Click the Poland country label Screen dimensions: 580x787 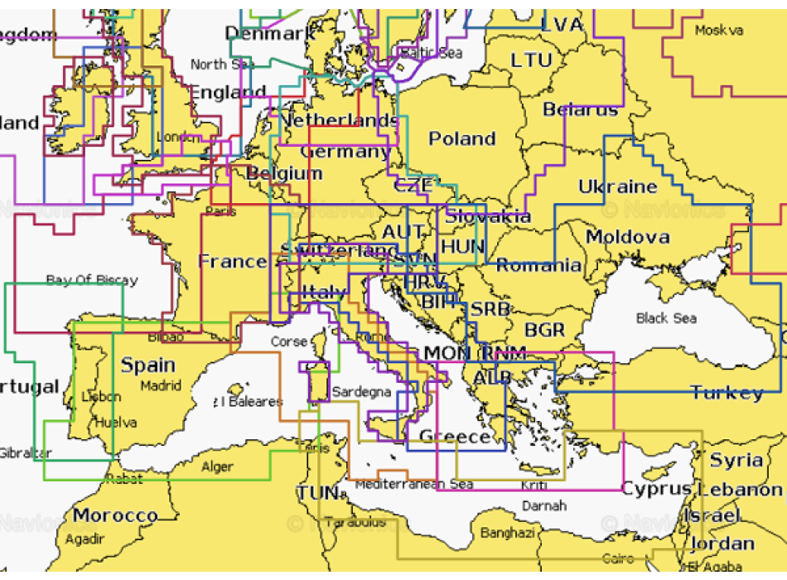coord(461,139)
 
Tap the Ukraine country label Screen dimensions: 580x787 coord(617,186)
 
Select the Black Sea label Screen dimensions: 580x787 coord(666,318)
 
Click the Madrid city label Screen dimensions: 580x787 coord(161,385)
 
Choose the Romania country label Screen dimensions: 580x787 coord(538,266)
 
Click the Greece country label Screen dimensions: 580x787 coord(455,437)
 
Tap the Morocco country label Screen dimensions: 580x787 coord(115,515)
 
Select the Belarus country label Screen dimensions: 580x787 coord(580,110)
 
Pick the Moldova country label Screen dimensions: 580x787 coord(627,238)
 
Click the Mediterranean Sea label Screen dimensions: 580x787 coord(413,484)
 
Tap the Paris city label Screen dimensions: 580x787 coord(220,211)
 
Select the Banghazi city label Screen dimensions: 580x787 coord(507,533)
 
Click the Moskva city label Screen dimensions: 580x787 coord(719,31)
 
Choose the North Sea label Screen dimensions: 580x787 coord(220,65)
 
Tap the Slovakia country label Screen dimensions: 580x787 coord(488,217)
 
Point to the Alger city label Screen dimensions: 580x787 coord(217,467)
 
